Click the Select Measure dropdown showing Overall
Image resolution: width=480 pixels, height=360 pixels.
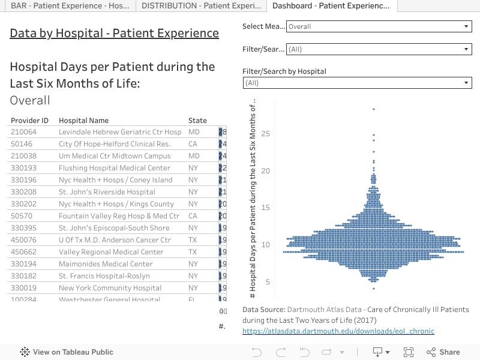click(x=379, y=26)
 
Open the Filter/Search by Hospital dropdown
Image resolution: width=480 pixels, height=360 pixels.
click(x=357, y=83)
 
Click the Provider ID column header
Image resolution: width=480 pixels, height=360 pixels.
click(x=29, y=121)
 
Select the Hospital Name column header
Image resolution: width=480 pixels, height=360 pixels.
click(x=83, y=121)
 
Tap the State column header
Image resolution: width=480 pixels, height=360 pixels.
click(x=197, y=121)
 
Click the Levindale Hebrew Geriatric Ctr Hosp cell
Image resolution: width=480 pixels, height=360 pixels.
click(x=120, y=132)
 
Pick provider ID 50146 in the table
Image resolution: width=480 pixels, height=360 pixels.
click(x=22, y=144)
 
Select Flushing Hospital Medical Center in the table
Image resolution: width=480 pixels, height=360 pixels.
click(x=115, y=168)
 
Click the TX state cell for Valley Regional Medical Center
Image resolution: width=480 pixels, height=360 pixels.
click(x=193, y=252)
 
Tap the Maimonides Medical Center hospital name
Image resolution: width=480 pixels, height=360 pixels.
click(x=106, y=264)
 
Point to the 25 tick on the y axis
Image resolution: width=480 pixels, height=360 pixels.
click(x=266, y=133)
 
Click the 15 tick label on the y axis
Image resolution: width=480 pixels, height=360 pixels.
click(x=266, y=208)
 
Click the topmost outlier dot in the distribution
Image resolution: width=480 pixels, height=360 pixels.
click(x=374, y=109)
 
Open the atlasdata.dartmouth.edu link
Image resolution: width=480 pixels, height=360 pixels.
click(x=338, y=331)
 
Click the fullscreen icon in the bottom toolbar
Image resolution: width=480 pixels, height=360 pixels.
click(x=409, y=352)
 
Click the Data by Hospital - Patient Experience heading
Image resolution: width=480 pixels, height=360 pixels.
click(x=114, y=33)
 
